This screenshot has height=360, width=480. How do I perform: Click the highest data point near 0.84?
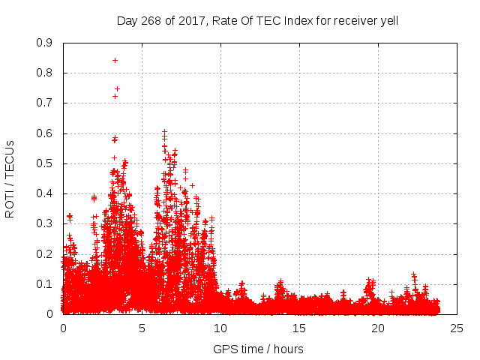point(115,60)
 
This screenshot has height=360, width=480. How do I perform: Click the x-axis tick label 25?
point(457,328)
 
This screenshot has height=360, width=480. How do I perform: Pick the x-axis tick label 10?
point(220,328)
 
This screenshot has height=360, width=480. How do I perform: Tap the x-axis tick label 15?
point(299,328)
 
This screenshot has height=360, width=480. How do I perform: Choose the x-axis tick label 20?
point(378,328)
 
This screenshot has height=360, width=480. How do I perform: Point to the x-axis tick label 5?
point(142,328)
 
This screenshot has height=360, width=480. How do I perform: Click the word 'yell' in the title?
point(388,20)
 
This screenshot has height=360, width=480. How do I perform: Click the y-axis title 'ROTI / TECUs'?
point(10,178)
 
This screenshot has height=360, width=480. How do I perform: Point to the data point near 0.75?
point(117,88)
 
